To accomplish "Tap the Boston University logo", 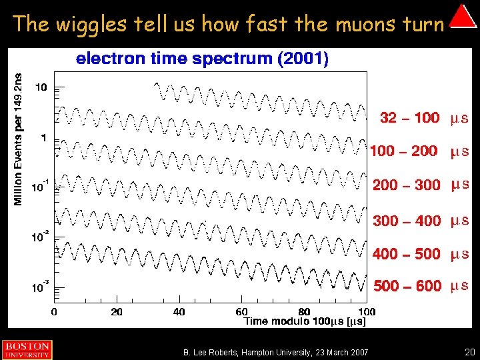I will tap(26, 350).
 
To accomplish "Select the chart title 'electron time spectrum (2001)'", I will tap(202, 59).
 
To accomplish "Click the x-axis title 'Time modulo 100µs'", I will tap(305, 321).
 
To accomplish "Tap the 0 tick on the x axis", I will tap(54, 311).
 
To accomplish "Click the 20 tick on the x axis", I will tap(116, 311).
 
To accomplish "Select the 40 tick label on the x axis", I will tap(179, 311).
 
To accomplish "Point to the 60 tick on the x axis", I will tap(241, 311).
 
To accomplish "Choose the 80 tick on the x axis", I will tap(304, 311).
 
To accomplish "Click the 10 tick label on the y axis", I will tap(41, 87).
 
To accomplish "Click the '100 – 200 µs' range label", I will tap(419, 151).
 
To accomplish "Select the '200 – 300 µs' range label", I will tap(421, 185).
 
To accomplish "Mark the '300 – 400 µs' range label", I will tap(421, 221).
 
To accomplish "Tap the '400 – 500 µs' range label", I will tap(421, 254).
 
